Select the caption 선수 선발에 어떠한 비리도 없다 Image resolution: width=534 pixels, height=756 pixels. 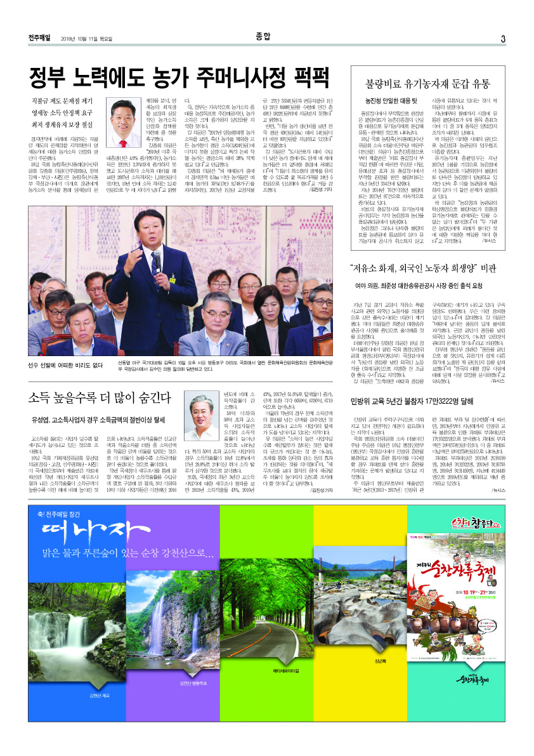(65, 365)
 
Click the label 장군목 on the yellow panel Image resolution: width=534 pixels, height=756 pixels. (380, 661)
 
